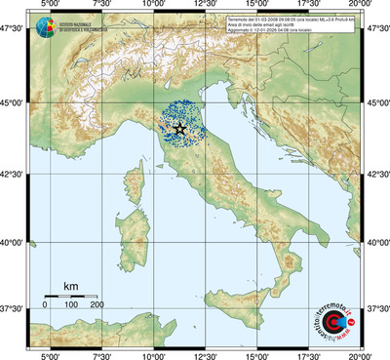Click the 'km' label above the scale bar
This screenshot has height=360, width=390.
70,286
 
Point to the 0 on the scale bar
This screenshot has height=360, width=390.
45,305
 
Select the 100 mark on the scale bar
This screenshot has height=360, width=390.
70,305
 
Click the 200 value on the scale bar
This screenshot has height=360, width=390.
97,305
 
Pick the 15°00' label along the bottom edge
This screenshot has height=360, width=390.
257,354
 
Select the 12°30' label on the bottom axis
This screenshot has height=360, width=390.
205,354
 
